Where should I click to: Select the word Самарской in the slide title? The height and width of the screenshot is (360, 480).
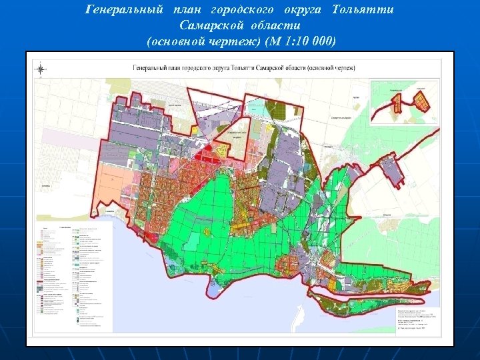(207, 25)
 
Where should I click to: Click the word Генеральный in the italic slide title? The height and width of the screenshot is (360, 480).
(124, 11)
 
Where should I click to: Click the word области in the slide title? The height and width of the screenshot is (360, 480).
(276, 25)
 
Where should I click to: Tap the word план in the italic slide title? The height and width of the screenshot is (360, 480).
(186, 11)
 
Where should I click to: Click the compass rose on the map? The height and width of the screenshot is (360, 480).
(41, 68)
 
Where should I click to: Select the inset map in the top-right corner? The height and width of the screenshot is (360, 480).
(405, 103)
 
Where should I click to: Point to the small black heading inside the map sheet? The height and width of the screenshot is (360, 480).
(244, 67)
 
